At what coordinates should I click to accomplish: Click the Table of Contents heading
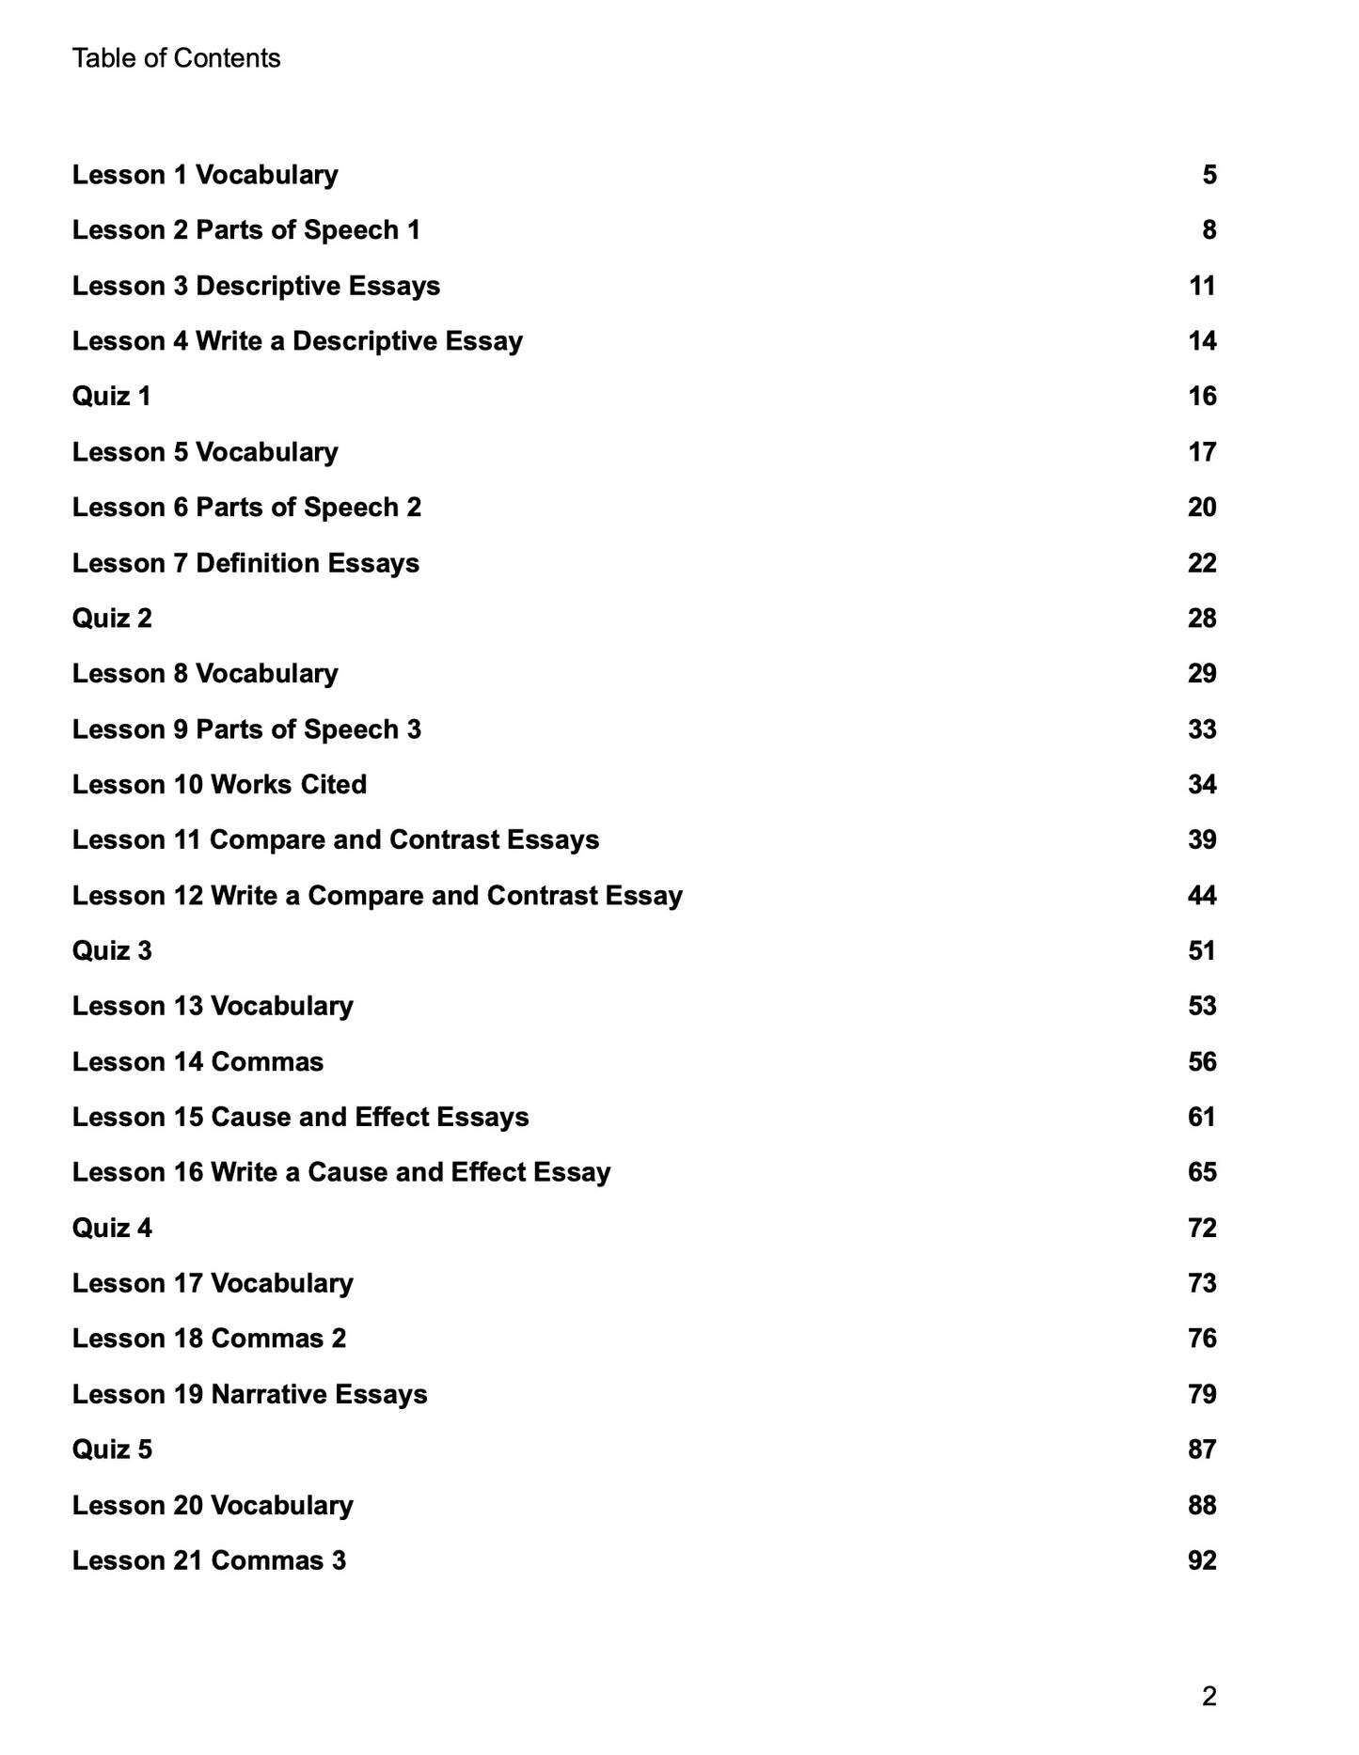click(x=176, y=58)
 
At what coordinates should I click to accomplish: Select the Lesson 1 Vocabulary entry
click(x=205, y=175)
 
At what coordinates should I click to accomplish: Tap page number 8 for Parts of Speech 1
click(x=1209, y=230)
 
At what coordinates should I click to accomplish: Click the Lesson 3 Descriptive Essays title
click(x=256, y=286)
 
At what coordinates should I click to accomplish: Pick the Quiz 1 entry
click(x=111, y=397)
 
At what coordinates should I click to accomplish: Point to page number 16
click(x=1202, y=397)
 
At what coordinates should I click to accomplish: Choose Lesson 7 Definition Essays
click(x=245, y=563)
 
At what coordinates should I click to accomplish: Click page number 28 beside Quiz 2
click(x=1202, y=619)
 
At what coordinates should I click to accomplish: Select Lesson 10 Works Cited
click(x=219, y=785)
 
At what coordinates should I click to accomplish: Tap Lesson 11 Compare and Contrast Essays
click(x=336, y=840)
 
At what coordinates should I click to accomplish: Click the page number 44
click(x=1202, y=896)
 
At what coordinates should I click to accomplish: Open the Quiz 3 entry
click(x=111, y=951)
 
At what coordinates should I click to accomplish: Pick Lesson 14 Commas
click(x=198, y=1062)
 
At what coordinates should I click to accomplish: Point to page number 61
click(x=1202, y=1118)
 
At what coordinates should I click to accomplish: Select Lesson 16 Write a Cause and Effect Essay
click(x=341, y=1173)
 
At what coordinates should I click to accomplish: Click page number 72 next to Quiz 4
click(x=1202, y=1229)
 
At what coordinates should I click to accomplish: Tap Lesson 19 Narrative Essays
click(x=249, y=1395)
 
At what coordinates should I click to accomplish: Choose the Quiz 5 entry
click(x=111, y=1450)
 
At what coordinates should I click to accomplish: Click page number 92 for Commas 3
click(x=1202, y=1561)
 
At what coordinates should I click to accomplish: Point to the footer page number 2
click(x=1209, y=1697)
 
